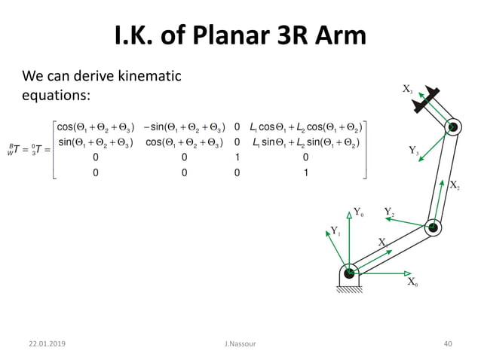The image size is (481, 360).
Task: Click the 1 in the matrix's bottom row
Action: click(x=305, y=172)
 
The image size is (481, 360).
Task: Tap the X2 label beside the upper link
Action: click(x=455, y=185)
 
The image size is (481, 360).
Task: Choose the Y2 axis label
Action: click(x=389, y=212)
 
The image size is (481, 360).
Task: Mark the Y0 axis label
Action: click(x=358, y=214)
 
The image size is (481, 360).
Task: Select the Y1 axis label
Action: click(x=335, y=231)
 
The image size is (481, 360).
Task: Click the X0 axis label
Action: click(x=412, y=282)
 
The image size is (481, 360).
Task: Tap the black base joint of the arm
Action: click(x=349, y=273)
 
